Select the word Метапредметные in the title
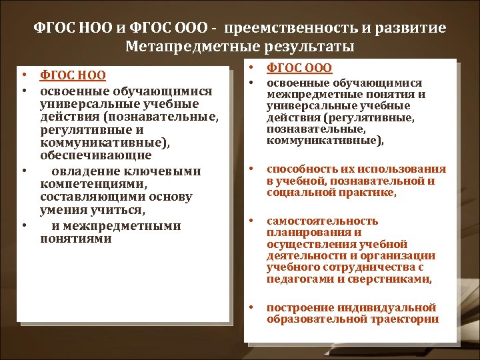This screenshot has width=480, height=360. [x=181, y=47]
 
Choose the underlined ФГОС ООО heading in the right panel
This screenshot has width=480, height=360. [x=299, y=68]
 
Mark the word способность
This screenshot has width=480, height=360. [x=299, y=169]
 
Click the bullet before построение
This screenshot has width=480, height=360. [x=252, y=307]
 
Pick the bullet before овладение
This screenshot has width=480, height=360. [x=24, y=171]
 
